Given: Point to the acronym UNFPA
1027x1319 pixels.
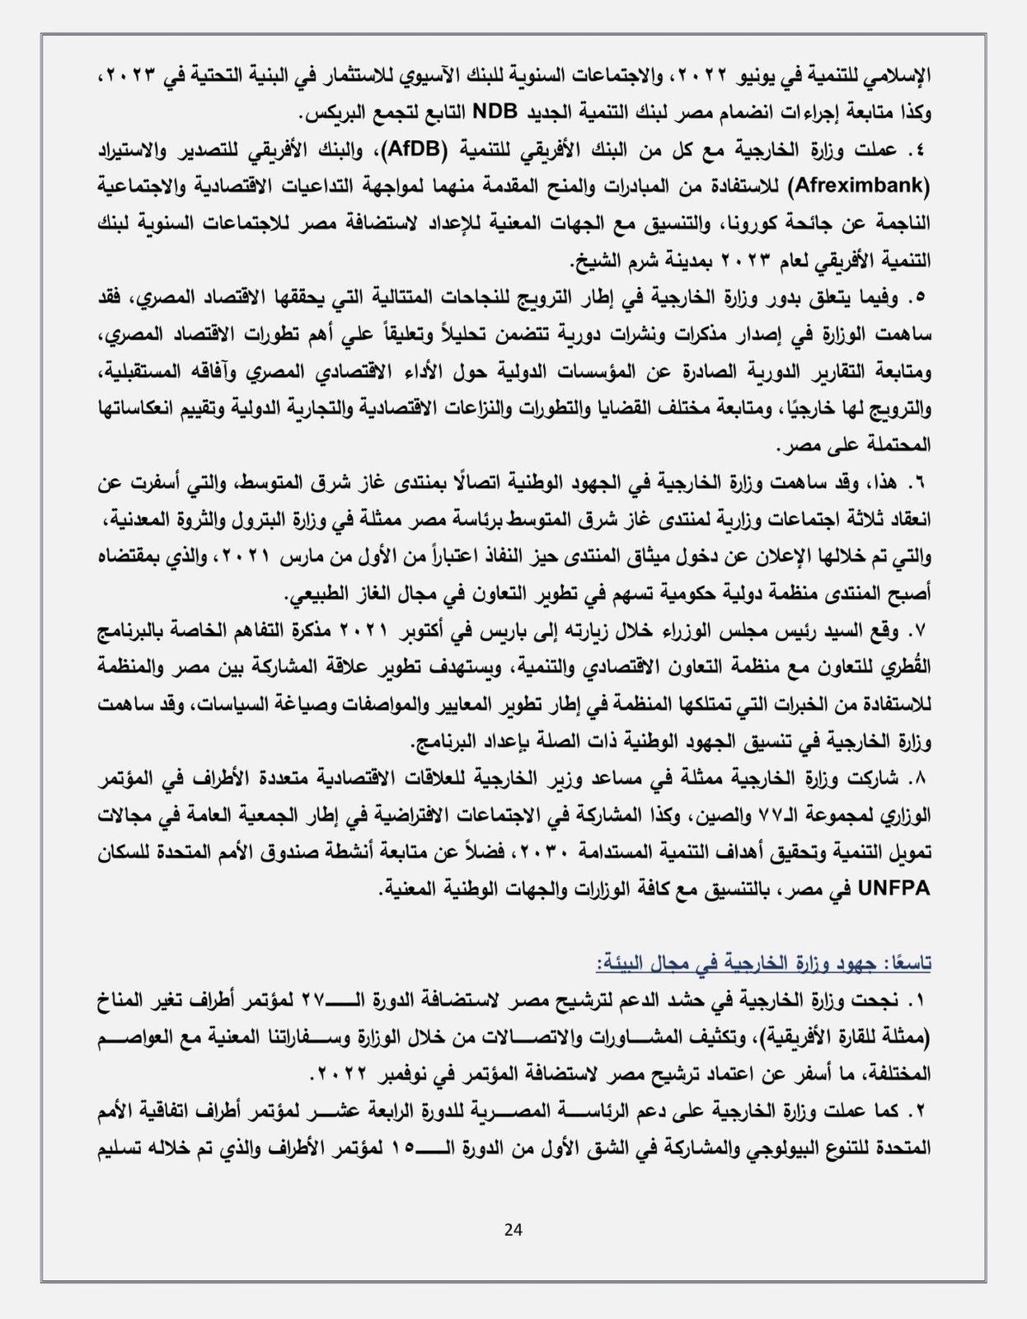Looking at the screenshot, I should click(894, 889).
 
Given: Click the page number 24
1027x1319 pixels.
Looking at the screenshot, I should click(513, 1230).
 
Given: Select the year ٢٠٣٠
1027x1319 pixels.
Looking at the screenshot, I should click(547, 852).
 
